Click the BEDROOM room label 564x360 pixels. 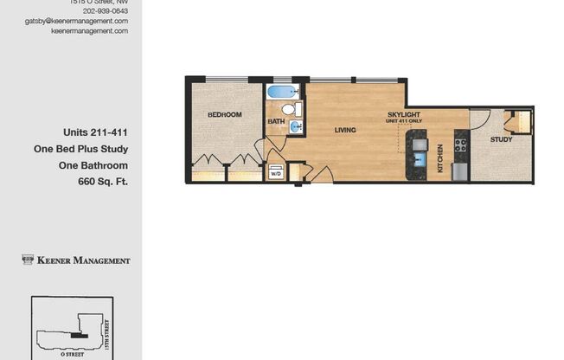[224, 114]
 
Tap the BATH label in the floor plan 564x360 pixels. [275, 122]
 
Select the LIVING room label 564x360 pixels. [345, 130]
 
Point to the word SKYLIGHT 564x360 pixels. [404, 113]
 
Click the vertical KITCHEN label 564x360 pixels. [440, 157]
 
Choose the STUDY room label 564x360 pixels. [501, 139]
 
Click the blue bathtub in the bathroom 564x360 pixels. [282, 91]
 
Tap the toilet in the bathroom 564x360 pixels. [297, 109]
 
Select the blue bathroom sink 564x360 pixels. [296, 127]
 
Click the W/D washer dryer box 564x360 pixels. [276, 172]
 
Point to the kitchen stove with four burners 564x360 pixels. [461, 144]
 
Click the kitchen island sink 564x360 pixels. [418, 157]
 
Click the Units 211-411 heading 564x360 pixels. [95, 133]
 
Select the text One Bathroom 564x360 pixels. [93, 165]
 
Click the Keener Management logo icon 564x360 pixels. [28, 260]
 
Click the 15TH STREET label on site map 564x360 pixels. [106, 333]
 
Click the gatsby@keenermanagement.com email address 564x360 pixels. [76, 21]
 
